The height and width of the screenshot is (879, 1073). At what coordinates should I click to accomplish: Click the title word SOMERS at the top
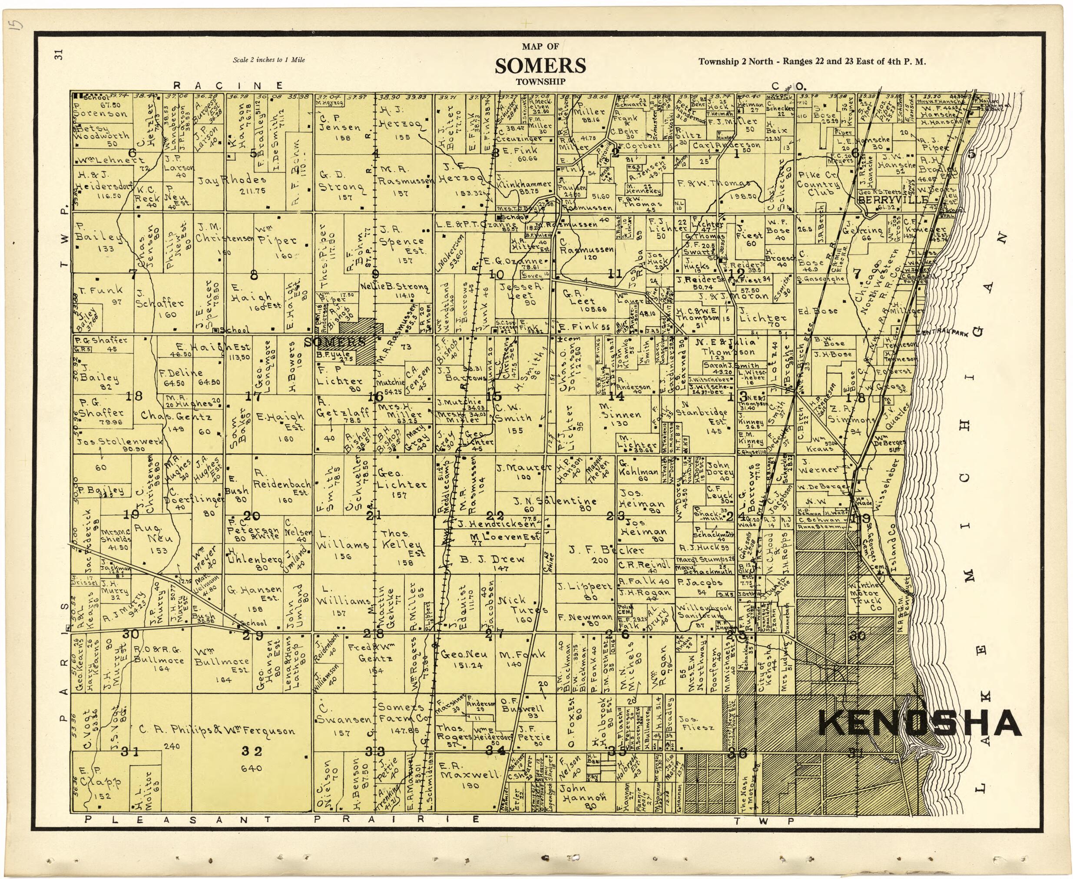[540, 66]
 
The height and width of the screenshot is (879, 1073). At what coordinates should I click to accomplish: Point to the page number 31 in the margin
[59, 55]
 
